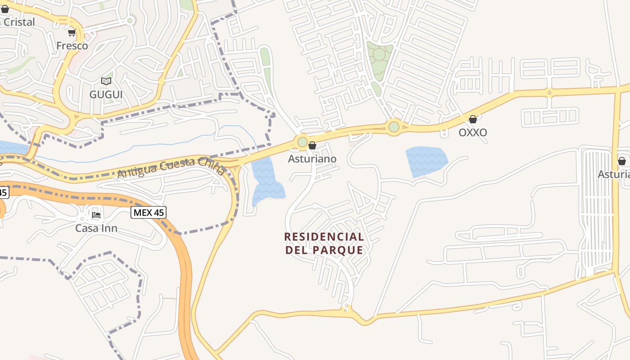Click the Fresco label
pos(72,46)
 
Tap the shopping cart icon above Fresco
pos(72,32)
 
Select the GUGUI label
pos(106,94)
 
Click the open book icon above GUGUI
pos(106,81)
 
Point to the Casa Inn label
pos(96,228)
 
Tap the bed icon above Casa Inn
pos(96,215)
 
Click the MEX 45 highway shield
pos(148,212)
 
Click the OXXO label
pos(473,133)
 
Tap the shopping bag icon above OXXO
pos(473,119)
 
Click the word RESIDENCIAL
pos(324,237)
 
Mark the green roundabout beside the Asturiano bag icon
pos(302,143)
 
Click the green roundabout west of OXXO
pos(394,127)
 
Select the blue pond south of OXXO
pos(426,160)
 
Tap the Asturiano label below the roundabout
pos(312,159)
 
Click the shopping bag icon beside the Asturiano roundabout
pos(312,145)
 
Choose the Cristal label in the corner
pos(18,22)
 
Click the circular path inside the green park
pos(379,54)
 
